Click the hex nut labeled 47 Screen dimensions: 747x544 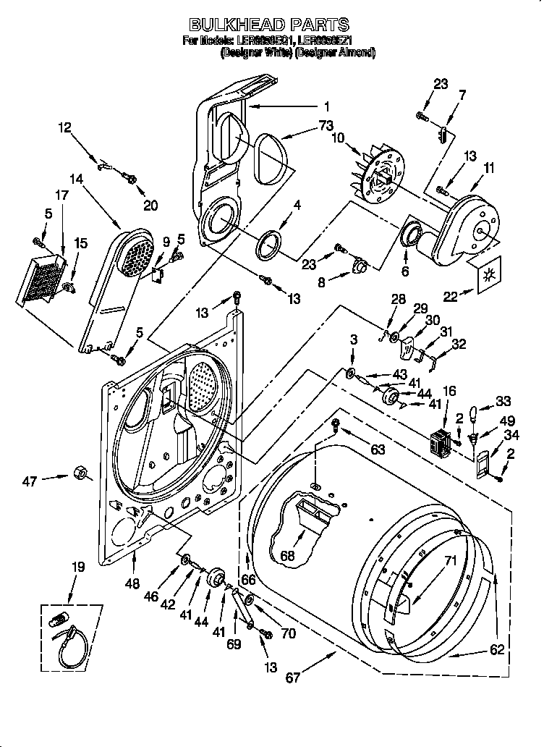click(80, 475)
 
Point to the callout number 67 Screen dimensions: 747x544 click(293, 678)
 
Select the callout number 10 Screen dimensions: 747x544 click(336, 138)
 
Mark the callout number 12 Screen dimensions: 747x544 click(65, 128)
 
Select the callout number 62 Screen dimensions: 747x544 click(496, 649)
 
